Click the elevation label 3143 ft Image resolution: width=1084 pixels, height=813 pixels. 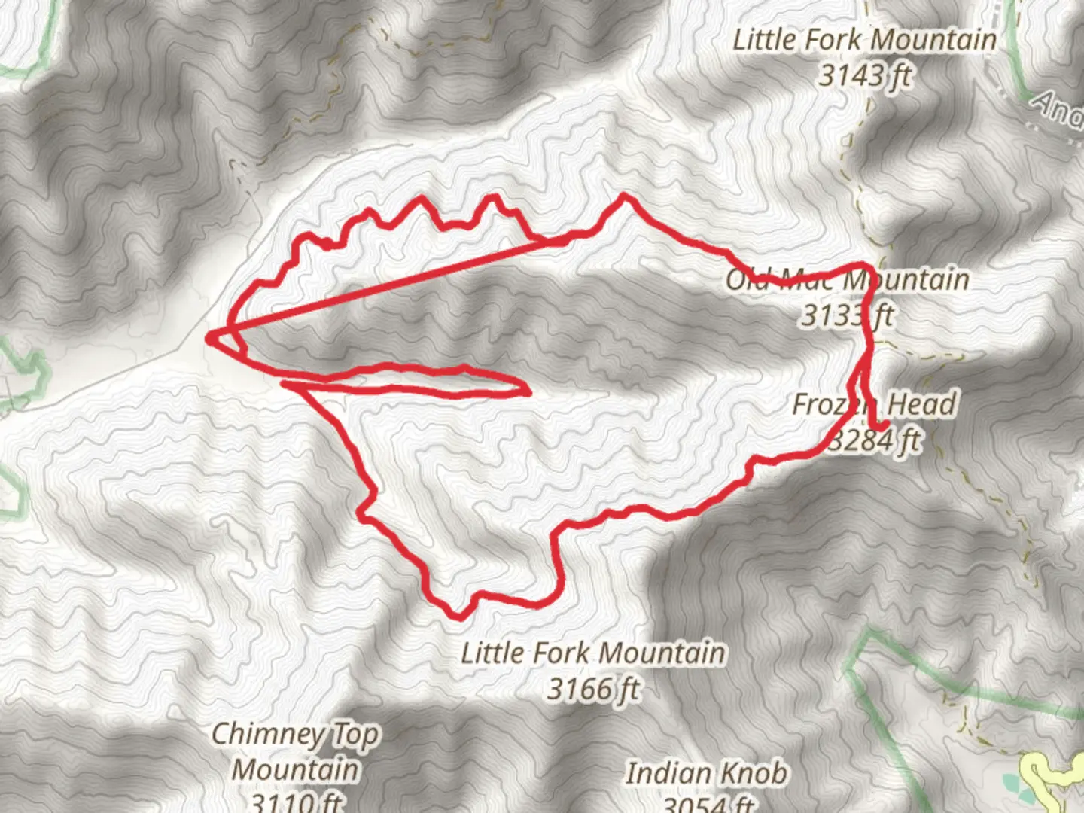pos(865,75)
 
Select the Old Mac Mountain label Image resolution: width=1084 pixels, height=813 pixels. pos(847,280)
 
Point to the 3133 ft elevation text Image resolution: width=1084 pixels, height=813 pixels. pos(846,315)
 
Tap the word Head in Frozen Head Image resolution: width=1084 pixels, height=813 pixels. pos(921,404)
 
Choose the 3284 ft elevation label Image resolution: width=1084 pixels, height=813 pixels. pos(875,440)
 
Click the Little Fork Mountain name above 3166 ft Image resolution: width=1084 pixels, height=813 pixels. pos(593,653)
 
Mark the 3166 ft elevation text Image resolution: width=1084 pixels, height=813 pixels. pos(593,688)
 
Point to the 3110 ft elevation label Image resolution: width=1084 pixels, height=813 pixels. pos(295,801)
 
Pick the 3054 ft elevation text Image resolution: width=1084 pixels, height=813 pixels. pos(708,804)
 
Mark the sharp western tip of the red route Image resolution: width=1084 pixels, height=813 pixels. pos(209,337)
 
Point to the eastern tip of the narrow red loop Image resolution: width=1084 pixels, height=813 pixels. pos(529,391)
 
